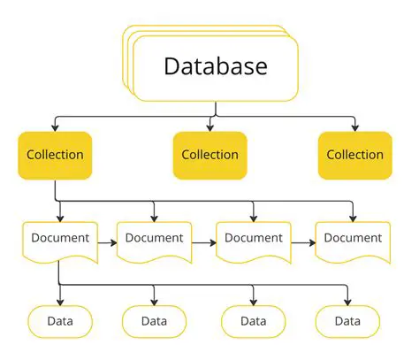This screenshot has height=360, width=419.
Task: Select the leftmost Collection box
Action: click(55, 155)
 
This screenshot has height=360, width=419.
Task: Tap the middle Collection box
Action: click(209, 155)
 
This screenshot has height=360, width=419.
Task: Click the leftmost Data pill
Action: click(59, 320)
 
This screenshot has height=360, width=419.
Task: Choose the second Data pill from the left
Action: click(154, 320)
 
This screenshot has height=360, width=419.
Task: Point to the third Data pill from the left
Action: click(253, 320)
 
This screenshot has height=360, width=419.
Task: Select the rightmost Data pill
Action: click(347, 320)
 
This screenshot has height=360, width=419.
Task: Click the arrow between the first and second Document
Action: click(106, 241)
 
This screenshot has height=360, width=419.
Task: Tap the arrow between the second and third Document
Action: click(204, 241)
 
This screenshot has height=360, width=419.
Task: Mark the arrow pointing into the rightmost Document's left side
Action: click(303, 241)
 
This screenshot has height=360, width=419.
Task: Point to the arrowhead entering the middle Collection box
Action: click(210, 126)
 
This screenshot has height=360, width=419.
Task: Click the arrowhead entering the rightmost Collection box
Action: click(354, 126)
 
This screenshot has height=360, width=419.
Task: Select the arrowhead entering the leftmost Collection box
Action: click(55, 126)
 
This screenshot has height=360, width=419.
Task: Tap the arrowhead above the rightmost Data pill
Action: click(347, 301)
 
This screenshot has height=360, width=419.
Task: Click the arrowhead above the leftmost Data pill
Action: click(59, 301)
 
